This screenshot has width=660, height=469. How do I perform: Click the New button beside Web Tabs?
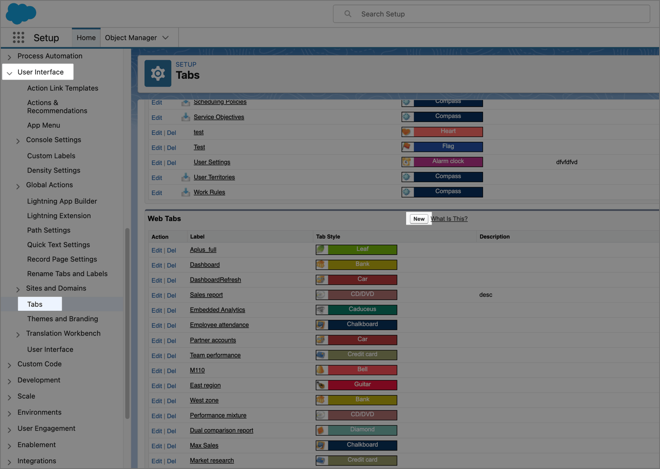pos(419,219)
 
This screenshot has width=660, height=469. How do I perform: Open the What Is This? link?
pos(449,219)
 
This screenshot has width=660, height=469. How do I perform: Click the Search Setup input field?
pos(491,14)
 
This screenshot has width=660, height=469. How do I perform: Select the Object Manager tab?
pos(137,38)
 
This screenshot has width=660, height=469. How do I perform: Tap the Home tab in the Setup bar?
pos(86,38)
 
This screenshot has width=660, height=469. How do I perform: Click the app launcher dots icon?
pos(19,38)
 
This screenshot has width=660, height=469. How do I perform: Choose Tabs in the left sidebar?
pos(35,304)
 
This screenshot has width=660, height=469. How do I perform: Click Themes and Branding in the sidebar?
pos(63,319)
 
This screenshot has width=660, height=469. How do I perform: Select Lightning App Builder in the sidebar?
pos(62,201)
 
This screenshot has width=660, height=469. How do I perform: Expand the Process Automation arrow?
pos(9,57)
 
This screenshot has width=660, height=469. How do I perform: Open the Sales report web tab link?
pos(206,295)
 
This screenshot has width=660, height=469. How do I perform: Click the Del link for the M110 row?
pos(172,371)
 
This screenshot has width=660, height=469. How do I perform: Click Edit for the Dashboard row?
pos(157,265)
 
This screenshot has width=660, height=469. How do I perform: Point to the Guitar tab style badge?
pos(356,385)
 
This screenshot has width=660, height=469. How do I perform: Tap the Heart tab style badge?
pos(442,131)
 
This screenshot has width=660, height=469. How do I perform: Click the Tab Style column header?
pos(328,237)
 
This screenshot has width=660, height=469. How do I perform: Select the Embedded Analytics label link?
pos(217,310)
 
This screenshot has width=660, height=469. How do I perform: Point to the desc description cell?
pos(486,295)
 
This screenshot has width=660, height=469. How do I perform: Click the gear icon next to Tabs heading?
pos(158,73)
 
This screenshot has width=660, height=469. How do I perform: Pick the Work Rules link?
pos(209,192)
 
